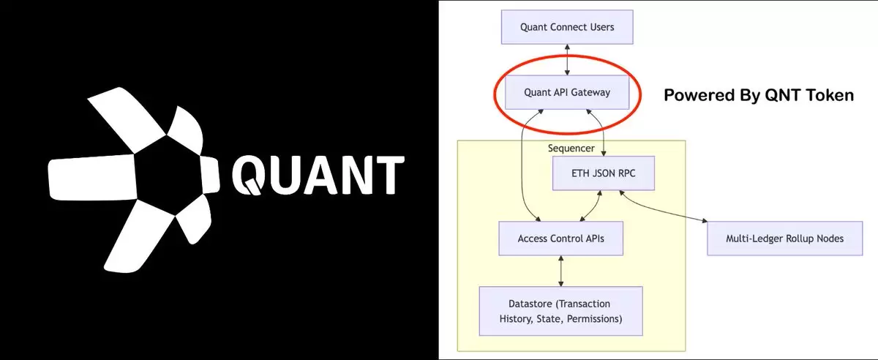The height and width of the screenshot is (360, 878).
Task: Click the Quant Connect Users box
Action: [567, 27]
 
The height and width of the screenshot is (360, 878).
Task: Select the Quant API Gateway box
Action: [567, 92]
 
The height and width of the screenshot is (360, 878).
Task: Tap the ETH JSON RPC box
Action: [603, 173]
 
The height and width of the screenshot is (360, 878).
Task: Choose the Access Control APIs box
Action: [560, 239]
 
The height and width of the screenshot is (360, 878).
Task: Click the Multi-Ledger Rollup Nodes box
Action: [784, 239]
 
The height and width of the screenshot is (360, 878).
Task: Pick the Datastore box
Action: [560, 311]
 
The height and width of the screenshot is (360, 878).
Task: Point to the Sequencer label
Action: [571, 149]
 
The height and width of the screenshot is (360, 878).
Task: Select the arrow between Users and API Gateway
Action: [567, 59]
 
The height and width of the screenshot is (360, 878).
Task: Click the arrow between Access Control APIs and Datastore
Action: [560, 271]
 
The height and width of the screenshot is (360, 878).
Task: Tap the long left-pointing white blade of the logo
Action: [91, 177]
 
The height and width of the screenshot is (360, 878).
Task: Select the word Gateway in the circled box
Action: [590, 92]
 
